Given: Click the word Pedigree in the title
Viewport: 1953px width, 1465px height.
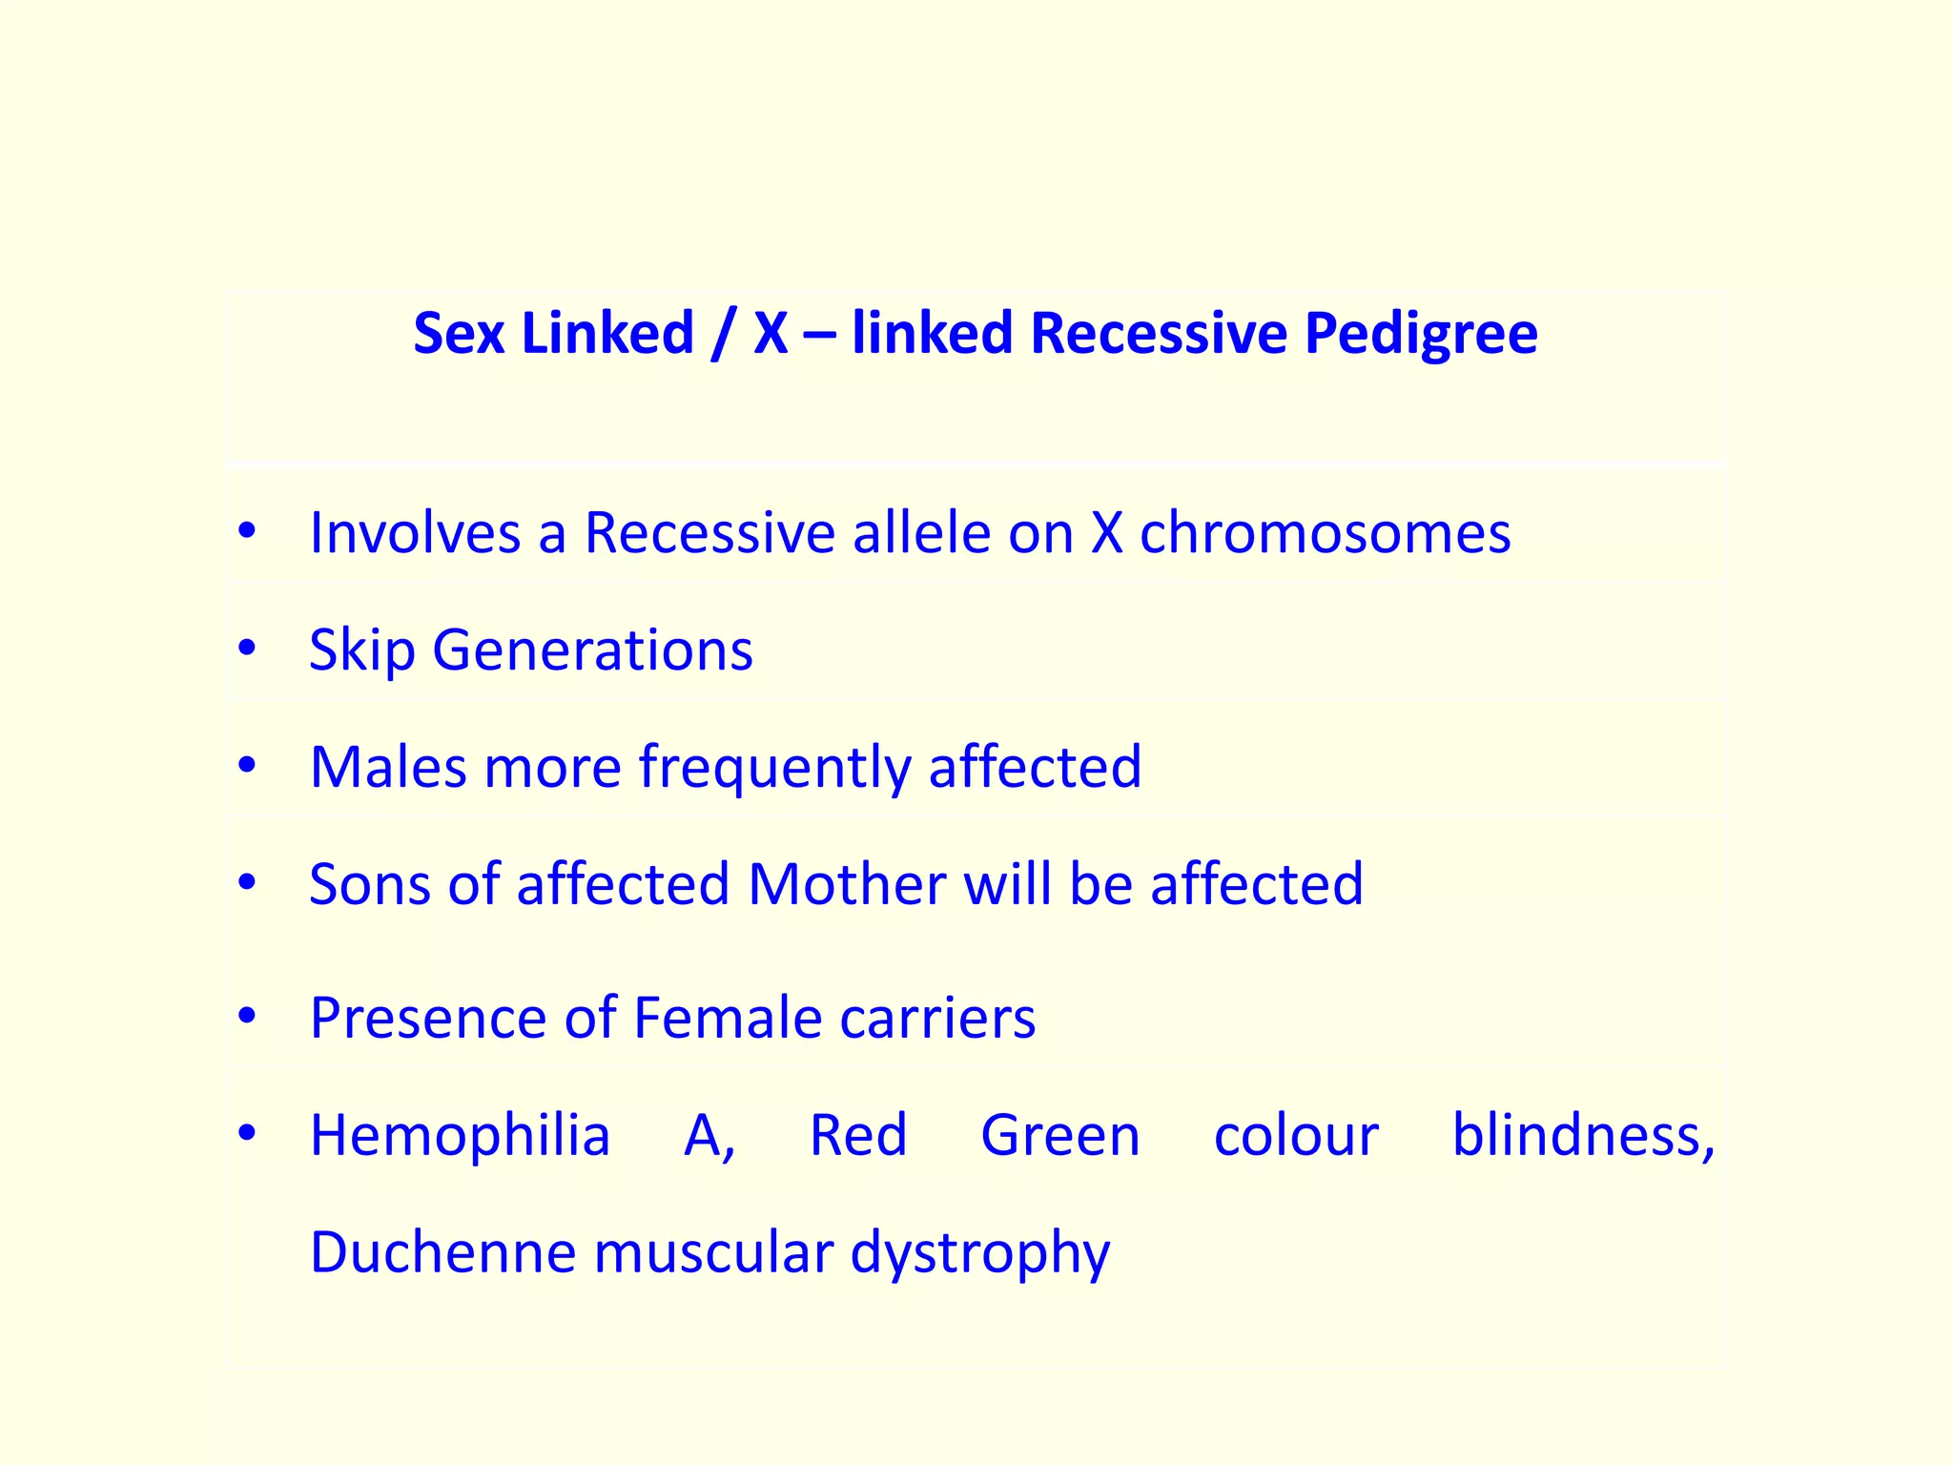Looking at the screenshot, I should click(x=1420, y=335).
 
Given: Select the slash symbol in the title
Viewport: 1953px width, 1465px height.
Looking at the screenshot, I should click(x=723, y=335).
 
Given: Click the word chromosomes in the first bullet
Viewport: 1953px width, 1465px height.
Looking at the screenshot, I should click(x=1325, y=532).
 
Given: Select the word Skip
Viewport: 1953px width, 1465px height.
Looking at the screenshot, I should click(x=362, y=650).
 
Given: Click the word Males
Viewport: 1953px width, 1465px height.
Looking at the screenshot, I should click(x=389, y=767).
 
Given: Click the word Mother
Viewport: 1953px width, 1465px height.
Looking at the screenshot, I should click(x=848, y=884).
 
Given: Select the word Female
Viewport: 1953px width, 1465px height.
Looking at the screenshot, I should click(x=728, y=1018).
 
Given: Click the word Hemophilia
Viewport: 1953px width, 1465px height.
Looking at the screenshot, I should click(x=460, y=1136).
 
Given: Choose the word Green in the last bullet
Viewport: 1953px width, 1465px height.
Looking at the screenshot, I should click(x=1060, y=1136).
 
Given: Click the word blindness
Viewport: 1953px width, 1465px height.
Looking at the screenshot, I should click(x=1582, y=1136).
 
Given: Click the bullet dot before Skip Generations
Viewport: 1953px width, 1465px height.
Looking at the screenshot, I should click(x=248, y=649).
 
